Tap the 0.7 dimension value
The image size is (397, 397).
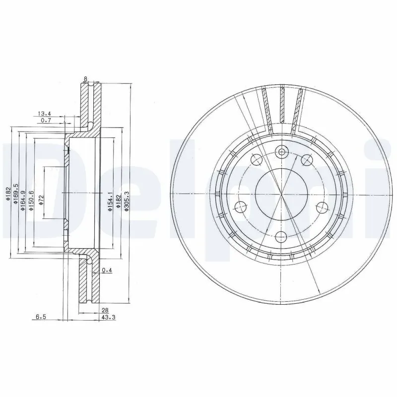46,121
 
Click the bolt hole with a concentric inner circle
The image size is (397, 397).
282,152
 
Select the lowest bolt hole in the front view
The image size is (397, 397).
282,237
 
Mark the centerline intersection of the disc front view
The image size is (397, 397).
281,195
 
